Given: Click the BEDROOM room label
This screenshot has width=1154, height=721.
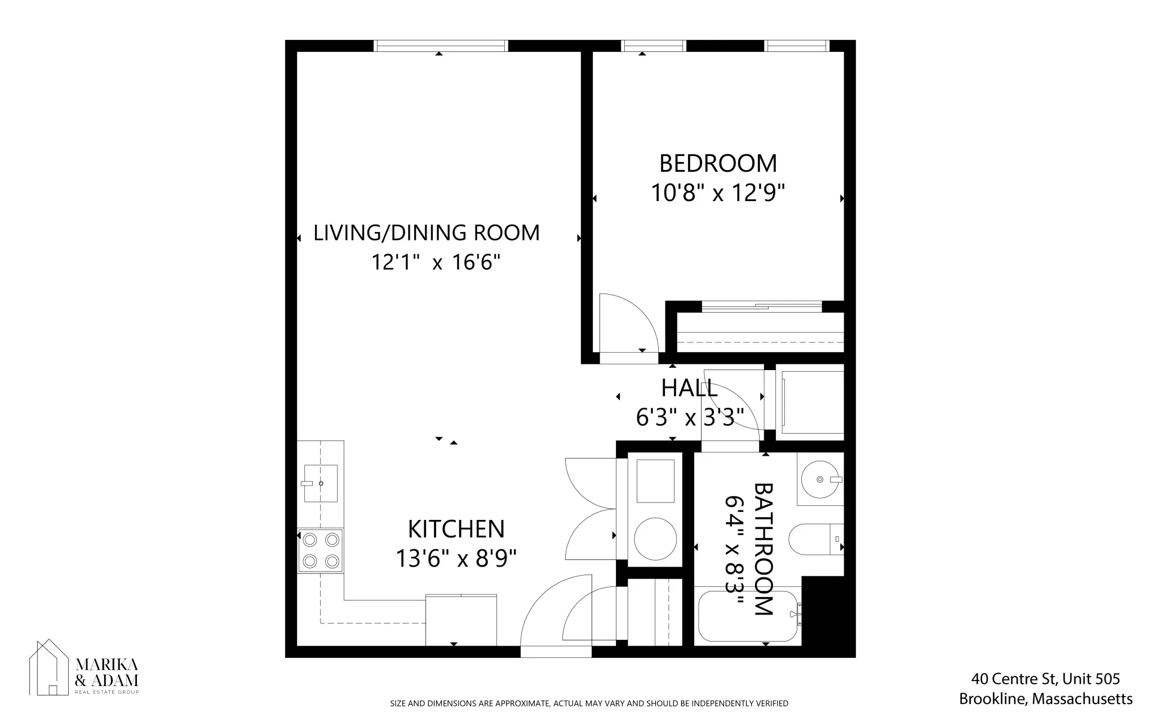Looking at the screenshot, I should (x=718, y=163).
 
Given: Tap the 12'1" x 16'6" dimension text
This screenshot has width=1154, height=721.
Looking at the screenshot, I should (x=436, y=262).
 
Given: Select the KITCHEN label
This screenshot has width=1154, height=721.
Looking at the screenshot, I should (x=456, y=529).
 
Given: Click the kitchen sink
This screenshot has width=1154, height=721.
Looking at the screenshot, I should (x=320, y=483).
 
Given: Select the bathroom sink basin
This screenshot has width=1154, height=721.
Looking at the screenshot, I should (x=820, y=479).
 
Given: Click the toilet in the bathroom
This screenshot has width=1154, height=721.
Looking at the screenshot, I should (x=811, y=539).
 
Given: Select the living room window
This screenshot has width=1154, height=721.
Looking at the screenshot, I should (x=441, y=46).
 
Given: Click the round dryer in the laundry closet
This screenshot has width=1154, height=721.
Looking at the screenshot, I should (x=655, y=538).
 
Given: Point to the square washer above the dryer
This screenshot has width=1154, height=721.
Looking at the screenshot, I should (x=655, y=480).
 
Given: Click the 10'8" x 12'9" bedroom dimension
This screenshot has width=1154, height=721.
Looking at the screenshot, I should (x=718, y=193).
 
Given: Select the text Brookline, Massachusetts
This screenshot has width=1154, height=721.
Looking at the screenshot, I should (x=1046, y=699).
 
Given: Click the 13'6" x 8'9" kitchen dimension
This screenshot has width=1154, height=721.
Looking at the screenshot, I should (x=456, y=559).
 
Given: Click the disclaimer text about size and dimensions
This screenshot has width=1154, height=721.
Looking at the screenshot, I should (x=589, y=704).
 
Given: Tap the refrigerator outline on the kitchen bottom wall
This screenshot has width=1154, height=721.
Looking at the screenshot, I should (x=461, y=620).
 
